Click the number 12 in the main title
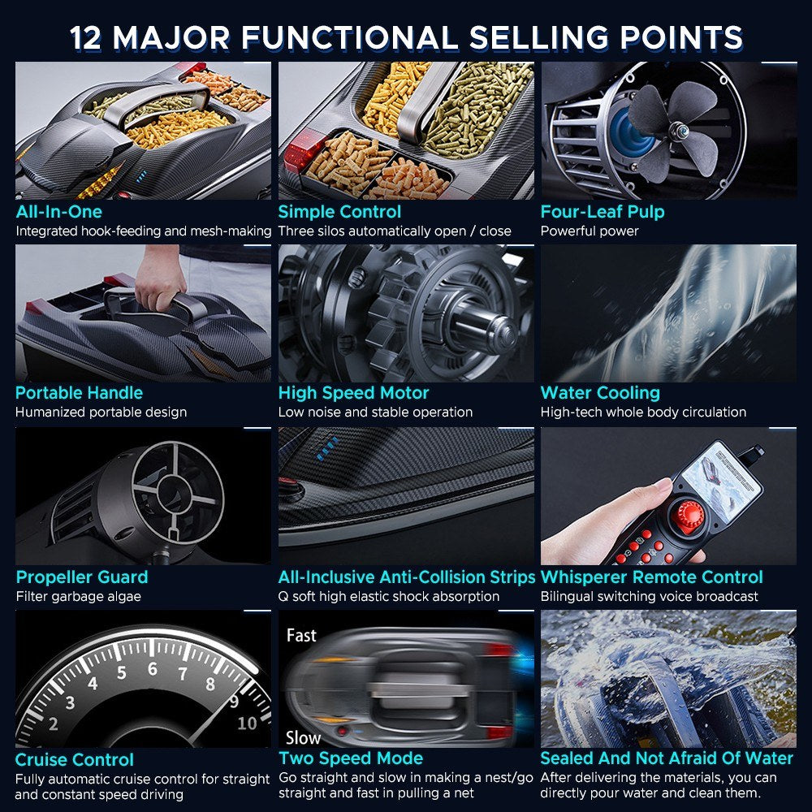coord(87,38)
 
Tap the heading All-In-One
coord(59,211)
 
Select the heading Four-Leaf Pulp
coord(603,211)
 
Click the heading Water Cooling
coord(600,392)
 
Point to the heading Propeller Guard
coord(82,577)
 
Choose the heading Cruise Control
coord(75,760)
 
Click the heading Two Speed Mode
coord(351,758)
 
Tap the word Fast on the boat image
coord(301,635)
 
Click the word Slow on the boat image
coord(304,737)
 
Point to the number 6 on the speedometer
coord(153,669)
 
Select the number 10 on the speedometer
coord(247,723)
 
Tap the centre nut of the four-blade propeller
coord(676,127)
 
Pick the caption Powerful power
coord(590,231)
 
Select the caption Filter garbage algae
coord(78,597)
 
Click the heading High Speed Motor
coord(354,392)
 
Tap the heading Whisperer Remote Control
coord(651,577)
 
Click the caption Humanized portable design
coord(101,412)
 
